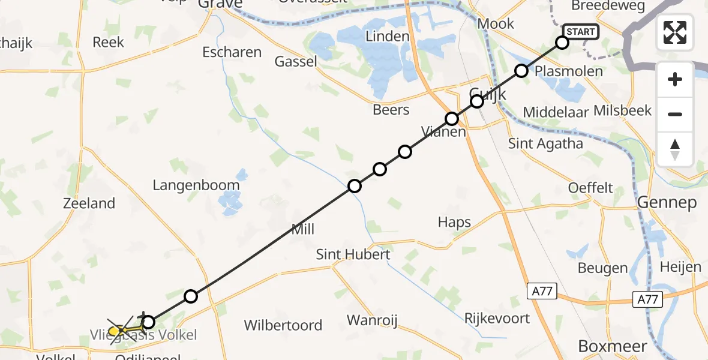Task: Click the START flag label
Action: coord(580,32)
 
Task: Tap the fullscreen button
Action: coord(675,32)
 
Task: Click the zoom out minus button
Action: coord(675,114)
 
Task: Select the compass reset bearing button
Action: coord(675,149)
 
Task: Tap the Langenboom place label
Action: coord(196,185)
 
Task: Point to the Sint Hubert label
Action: coord(353,254)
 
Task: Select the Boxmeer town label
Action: coord(613,347)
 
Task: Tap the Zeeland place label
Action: coord(89,203)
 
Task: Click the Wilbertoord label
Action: coord(283,326)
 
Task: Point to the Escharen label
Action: coord(232,52)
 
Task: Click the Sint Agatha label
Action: coord(545,143)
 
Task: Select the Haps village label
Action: coord(454,223)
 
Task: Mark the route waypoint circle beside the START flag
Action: coord(562,43)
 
